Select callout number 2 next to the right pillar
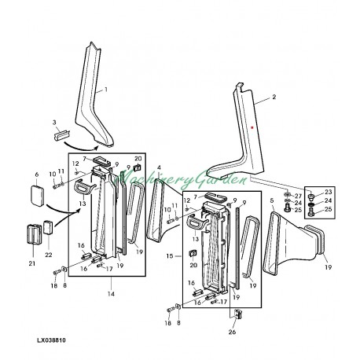tap(274, 98)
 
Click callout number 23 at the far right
tap(328, 192)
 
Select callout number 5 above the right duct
tap(272, 201)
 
